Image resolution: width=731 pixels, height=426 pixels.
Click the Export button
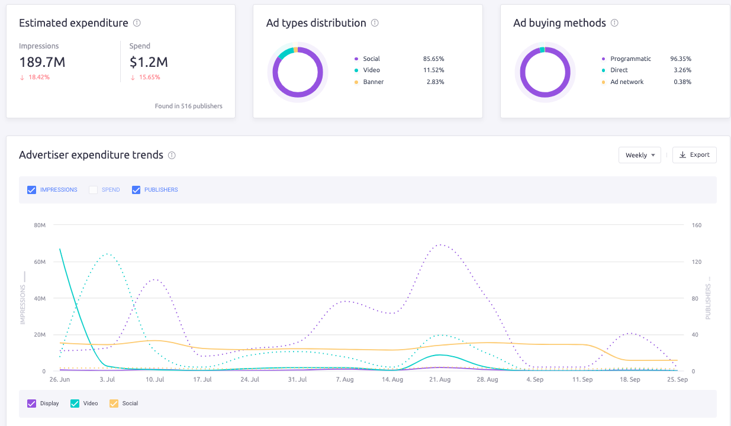[x=694, y=155]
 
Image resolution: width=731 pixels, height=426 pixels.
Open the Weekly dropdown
[x=639, y=155]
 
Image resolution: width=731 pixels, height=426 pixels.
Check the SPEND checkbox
[x=93, y=190]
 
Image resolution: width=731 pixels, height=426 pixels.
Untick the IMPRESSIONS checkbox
[x=32, y=190]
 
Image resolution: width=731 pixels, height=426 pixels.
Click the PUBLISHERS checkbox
[x=136, y=190]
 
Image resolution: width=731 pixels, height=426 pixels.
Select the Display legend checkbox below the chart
[x=32, y=404]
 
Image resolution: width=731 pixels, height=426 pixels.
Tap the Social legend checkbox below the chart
[x=114, y=404]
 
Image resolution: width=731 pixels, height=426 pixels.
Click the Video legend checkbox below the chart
[x=75, y=404]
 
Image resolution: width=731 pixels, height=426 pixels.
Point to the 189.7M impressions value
[x=43, y=62]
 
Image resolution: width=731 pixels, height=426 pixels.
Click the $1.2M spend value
[x=148, y=62]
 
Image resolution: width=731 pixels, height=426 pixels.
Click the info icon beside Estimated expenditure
[x=137, y=23]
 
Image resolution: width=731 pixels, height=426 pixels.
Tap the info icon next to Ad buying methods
[x=614, y=23]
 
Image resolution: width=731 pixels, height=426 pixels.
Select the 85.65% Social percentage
[x=433, y=59]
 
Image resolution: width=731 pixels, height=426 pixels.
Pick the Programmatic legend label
[x=630, y=59]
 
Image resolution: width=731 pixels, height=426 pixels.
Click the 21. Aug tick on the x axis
[x=440, y=380]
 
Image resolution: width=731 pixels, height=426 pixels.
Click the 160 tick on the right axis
[x=696, y=225]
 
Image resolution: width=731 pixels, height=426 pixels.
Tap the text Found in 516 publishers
[x=188, y=106]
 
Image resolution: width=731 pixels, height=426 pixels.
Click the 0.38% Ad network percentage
[x=681, y=82]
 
